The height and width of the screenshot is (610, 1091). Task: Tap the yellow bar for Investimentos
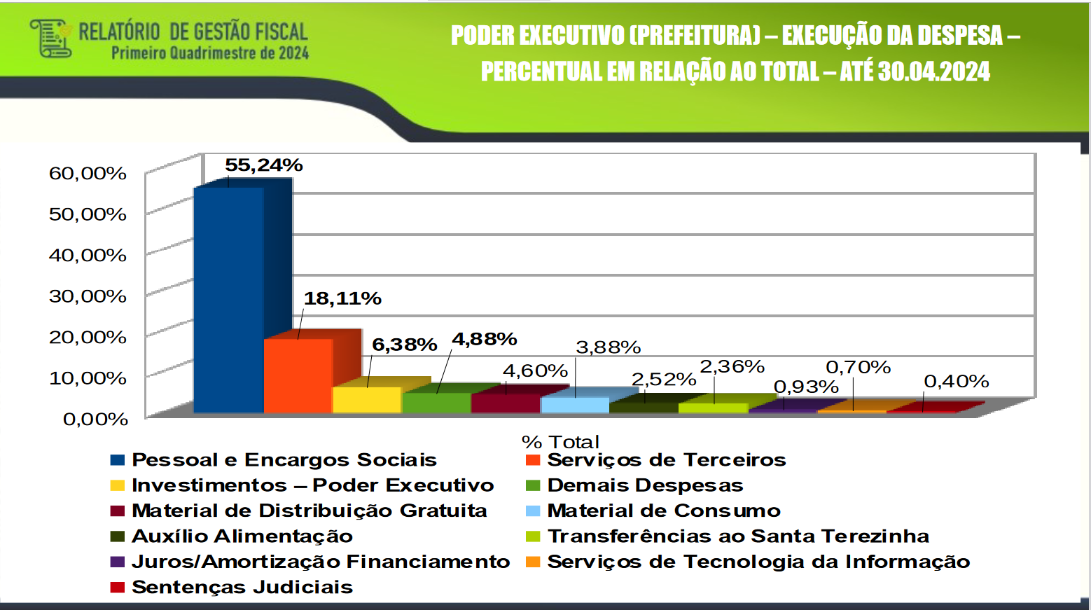pyautogui.click(x=367, y=400)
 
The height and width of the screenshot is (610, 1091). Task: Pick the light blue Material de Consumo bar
pyautogui.click(x=575, y=405)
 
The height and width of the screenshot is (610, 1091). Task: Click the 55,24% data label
pyautogui.click(x=263, y=165)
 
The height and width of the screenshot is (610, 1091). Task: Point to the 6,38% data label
pyautogui.click(x=404, y=345)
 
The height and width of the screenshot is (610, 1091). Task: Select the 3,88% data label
pyautogui.click(x=608, y=347)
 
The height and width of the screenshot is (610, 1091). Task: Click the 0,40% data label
pyautogui.click(x=956, y=382)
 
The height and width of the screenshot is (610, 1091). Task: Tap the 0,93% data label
pyautogui.click(x=805, y=387)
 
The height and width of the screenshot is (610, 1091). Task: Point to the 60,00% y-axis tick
pyautogui.click(x=88, y=173)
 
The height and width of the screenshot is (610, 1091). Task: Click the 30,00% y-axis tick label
pyautogui.click(x=88, y=296)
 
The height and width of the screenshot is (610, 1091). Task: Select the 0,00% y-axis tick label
pyautogui.click(x=95, y=420)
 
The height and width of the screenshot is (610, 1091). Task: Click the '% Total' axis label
pyautogui.click(x=560, y=442)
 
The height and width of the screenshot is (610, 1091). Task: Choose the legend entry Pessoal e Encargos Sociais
pyautogui.click(x=284, y=460)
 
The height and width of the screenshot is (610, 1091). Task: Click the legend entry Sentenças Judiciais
pyautogui.click(x=242, y=588)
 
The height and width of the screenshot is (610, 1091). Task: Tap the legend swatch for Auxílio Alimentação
pyautogui.click(x=117, y=536)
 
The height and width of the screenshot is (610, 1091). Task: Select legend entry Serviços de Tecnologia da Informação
pyautogui.click(x=758, y=562)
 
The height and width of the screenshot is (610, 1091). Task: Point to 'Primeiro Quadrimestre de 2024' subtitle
pyautogui.click(x=210, y=53)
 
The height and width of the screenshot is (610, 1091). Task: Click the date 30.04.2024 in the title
pyautogui.click(x=933, y=71)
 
